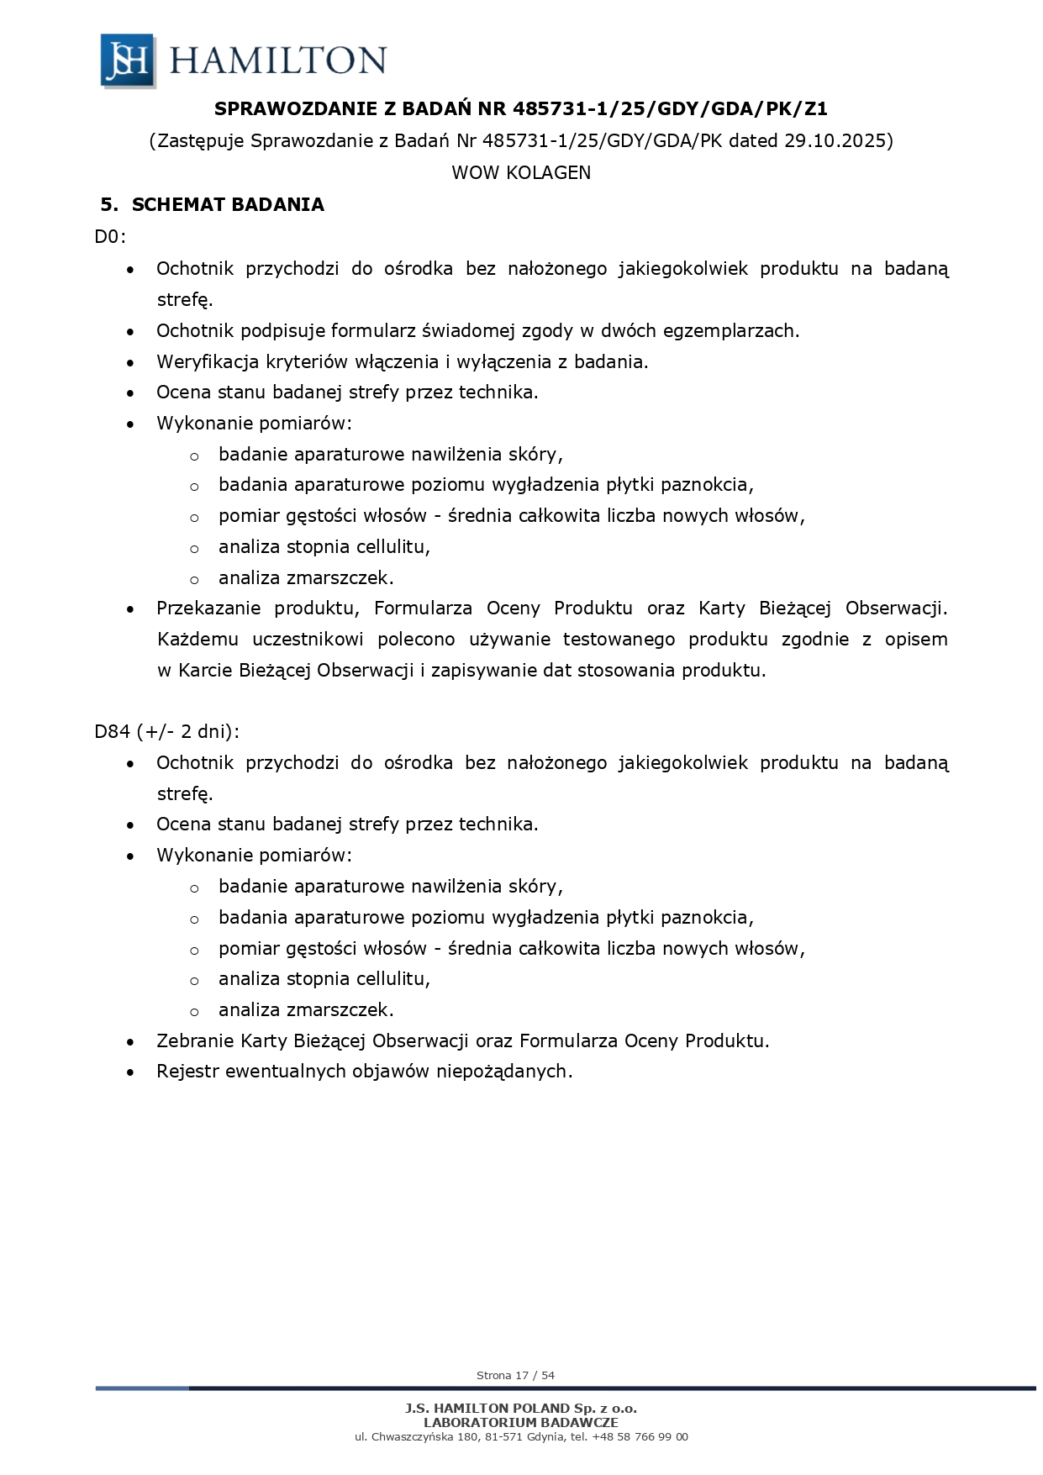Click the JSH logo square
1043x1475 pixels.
coord(128,61)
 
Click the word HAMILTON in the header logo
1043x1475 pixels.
coord(278,61)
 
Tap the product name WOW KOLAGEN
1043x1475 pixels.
coord(521,172)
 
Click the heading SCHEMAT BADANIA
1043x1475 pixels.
coord(228,205)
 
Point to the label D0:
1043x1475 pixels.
coord(109,236)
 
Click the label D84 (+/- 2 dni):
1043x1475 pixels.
coord(166,731)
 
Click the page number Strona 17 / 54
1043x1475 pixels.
coord(515,1376)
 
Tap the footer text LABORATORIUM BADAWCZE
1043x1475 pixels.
coord(521,1422)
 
